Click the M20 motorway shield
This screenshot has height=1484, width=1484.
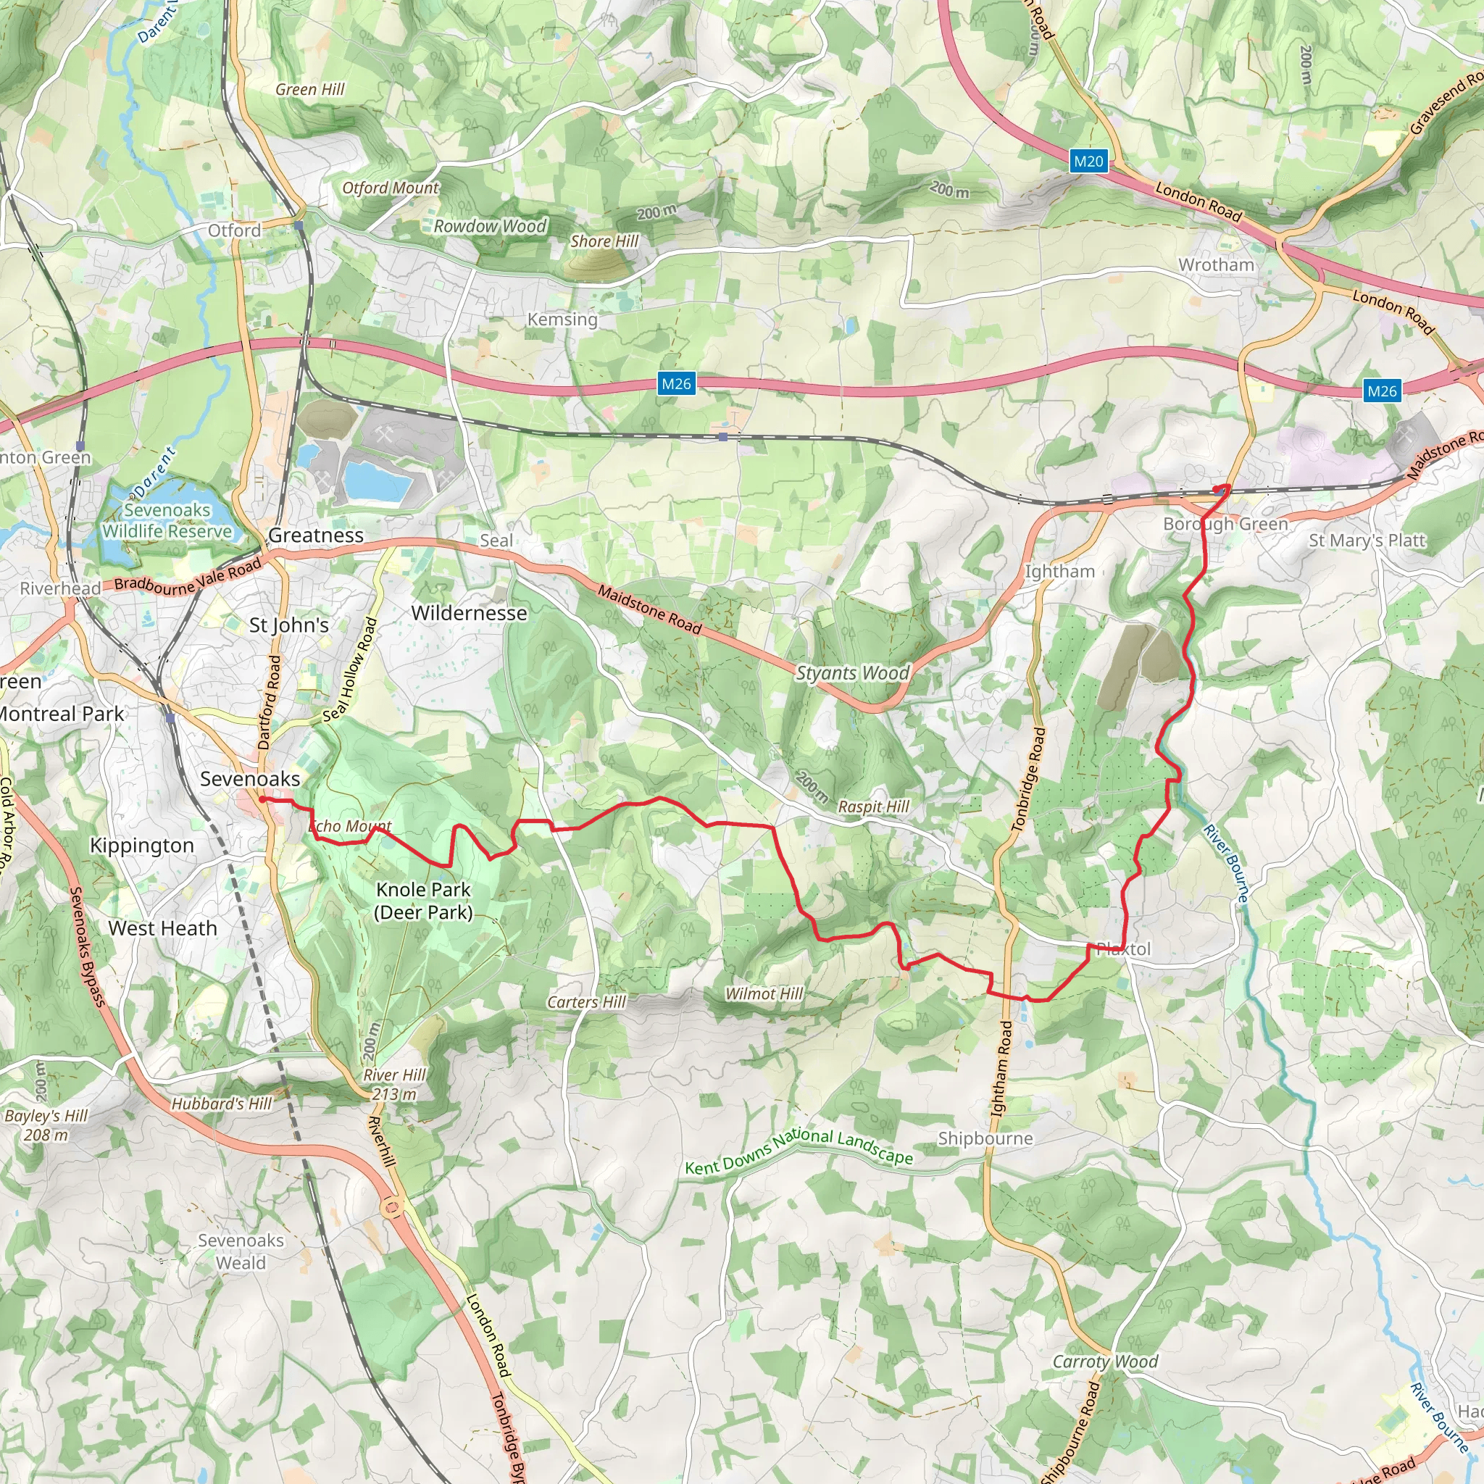[x=1088, y=162]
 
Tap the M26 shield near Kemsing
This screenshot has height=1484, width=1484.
[x=676, y=384]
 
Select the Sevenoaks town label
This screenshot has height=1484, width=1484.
[x=250, y=779]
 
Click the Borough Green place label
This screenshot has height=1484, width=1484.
[x=1225, y=524]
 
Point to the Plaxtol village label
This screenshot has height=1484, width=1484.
[x=1123, y=949]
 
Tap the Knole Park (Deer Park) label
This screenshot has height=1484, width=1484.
[x=423, y=900]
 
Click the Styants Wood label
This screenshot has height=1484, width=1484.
[x=852, y=673]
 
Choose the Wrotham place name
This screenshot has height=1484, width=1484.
[x=1216, y=265]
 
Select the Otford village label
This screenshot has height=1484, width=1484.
[x=234, y=230]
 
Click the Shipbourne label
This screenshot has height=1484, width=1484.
[x=985, y=1138]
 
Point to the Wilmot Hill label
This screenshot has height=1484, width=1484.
[x=764, y=994]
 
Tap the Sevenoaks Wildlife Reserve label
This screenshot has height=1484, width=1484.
[x=167, y=521]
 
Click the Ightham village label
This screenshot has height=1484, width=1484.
[x=1059, y=572]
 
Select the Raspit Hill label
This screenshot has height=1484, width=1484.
[x=873, y=806]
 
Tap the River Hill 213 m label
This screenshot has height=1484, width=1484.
[x=394, y=1085]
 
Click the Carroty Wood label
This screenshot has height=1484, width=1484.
[x=1104, y=1362]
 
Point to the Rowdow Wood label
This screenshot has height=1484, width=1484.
[x=489, y=227]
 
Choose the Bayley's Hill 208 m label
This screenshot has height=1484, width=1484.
[x=46, y=1125]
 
